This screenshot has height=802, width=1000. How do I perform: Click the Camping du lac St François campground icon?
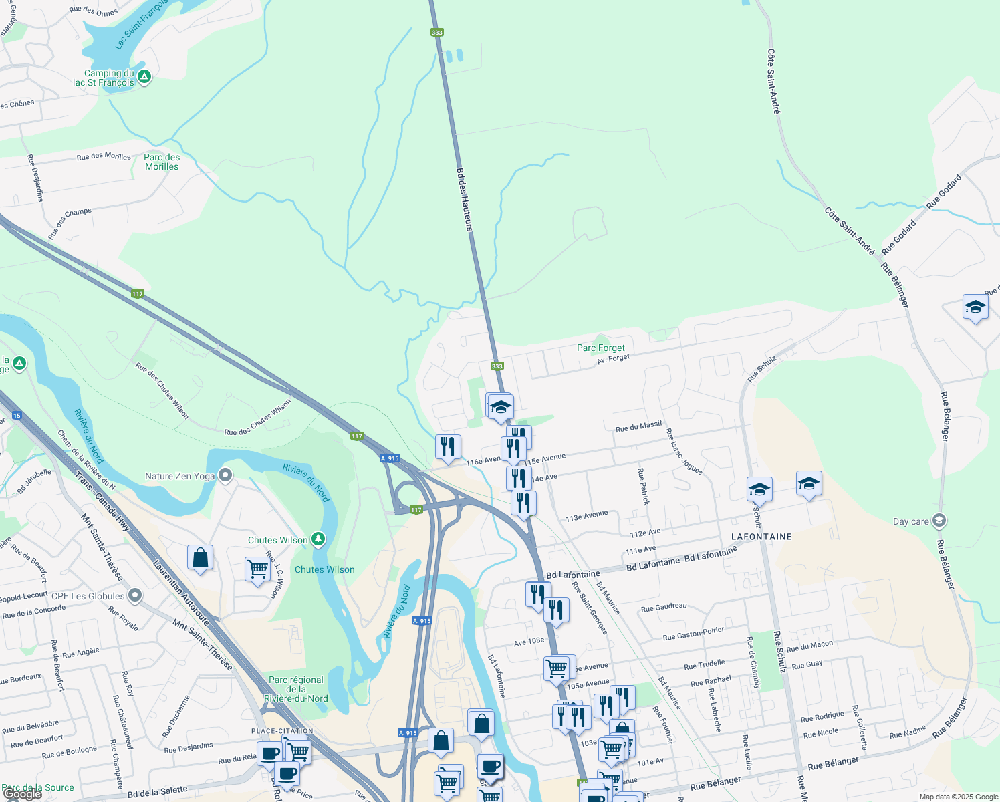(144, 78)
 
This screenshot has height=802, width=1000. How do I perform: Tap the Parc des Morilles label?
(162, 162)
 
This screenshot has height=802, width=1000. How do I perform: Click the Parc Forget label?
(600, 348)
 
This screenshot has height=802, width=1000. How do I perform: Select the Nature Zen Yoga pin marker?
(226, 476)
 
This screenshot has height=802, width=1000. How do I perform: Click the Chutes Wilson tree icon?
(318, 539)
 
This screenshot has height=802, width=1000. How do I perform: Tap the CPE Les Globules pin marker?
(135, 595)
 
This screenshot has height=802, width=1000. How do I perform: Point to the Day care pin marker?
(939, 521)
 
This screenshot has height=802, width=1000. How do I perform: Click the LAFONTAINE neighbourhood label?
(761, 537)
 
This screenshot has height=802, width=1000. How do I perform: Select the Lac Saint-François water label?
(141, 25)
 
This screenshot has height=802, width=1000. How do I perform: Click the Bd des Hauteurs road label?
(465, 199)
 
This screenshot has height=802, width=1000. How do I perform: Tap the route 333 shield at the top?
(437, 32)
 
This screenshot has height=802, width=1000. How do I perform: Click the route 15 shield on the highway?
(17, 416)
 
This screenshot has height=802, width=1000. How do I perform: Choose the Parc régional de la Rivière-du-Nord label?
(296, 689)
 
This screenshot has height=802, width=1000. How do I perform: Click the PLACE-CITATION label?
(283, 731)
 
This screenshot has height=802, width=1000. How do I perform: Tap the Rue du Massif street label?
(638, 426)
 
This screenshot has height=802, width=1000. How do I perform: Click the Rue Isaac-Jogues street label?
(684, 452)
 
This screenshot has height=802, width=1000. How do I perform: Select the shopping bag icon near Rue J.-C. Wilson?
(201, 557)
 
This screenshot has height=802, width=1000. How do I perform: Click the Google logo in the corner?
(22, 794)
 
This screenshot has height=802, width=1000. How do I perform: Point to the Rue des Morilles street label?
(104, 156)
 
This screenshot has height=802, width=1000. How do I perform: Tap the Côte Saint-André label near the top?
(773, 81)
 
